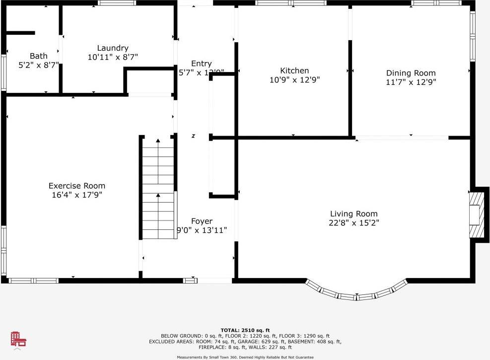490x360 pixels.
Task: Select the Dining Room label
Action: tap(411, 73)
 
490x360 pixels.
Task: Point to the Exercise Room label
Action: tap(76, 186)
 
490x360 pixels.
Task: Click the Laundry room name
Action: tap(113, 48)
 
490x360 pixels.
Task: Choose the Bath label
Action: tap(38, 56)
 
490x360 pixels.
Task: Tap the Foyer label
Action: tap(202, 221)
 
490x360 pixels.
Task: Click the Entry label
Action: tap(201, 64)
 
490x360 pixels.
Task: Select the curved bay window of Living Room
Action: tap(356, 293)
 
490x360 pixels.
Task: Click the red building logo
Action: tap(18, 339)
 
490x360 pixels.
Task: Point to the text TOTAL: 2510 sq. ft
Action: tap(245, 330)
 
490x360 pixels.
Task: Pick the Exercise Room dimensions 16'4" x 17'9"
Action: tap(76, 195)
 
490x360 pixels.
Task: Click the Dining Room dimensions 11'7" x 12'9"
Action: tap(411, 82)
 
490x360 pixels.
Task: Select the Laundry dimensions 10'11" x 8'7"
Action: tap(113, 57)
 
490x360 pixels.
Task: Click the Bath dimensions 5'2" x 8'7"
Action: tap(38, 65)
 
